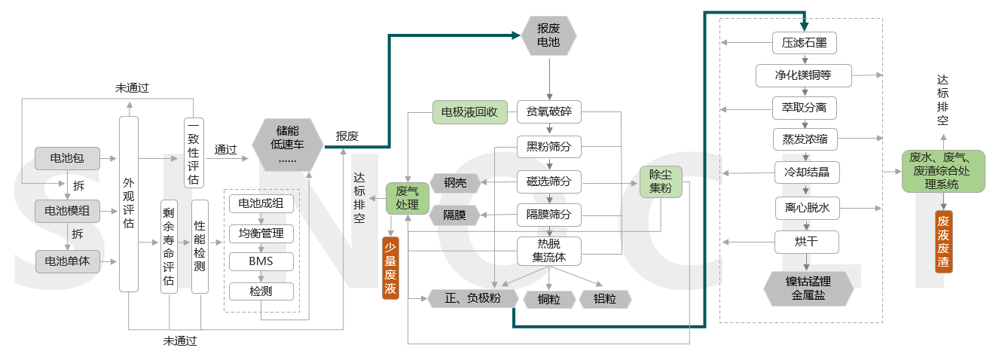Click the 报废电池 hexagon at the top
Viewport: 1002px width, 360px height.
pyautogui.click(x=548, y=35)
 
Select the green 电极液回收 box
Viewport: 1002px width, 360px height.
pyautogui.click(x=469, y=113)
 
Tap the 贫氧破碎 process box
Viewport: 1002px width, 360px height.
pyautogui.click(x=548, y=113)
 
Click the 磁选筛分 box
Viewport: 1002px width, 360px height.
pyautogui.click(x=548, y=181)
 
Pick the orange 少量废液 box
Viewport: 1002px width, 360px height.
pyautogui.click(x=390, y=267)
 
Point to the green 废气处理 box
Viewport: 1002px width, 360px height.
pyautogui.click(x=407, y=198)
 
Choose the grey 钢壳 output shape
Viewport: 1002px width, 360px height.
pyautogui.click(x=455, y=182)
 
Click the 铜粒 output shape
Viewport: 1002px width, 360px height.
pyautogui.click(x=549, y=299)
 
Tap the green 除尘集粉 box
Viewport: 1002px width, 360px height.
pyautogui.click(x=660, y=182)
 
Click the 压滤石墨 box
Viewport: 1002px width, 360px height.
pyautogui.click(x=805, y=42)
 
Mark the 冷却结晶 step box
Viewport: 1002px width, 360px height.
pyautogui.click(x=806, y=172)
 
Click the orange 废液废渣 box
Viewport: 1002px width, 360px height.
pyautogui.click(x=943, y=242)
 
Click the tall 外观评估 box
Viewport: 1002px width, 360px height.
pyautogui.click(x=129, y=203)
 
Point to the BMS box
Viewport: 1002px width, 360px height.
pyautogui.click(x=261, y=261)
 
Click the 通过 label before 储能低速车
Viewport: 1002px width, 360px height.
pyautogui.click(x=225, y=150)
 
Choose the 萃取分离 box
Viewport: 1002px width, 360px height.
pyautogui.click(x=805, y=108)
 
